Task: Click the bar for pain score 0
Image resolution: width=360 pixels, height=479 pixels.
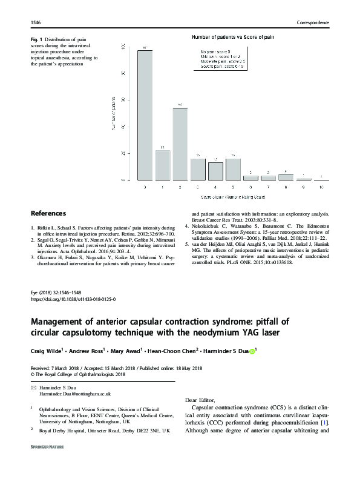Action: click(145, 115)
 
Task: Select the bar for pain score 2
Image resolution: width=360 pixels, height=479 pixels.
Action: click(180, 144)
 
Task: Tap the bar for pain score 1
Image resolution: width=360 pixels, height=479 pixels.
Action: click(162, 165)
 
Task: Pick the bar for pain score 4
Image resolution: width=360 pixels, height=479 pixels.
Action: click(215, 171)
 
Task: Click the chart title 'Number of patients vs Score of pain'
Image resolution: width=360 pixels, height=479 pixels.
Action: click(232, 38)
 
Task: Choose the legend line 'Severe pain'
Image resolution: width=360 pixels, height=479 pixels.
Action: click(223, 65)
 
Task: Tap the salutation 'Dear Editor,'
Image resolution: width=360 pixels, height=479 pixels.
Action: click(200, 400)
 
